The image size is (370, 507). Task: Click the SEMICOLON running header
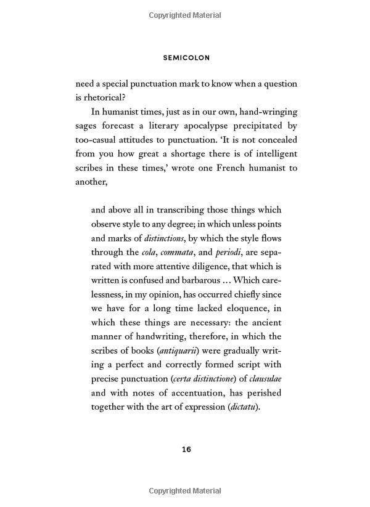[x=186, y=58]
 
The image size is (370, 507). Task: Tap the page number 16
[x=186, y=449]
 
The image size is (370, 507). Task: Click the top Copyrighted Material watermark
[x=185, y=15]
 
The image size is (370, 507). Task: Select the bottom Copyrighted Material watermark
[x=185, y=490]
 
